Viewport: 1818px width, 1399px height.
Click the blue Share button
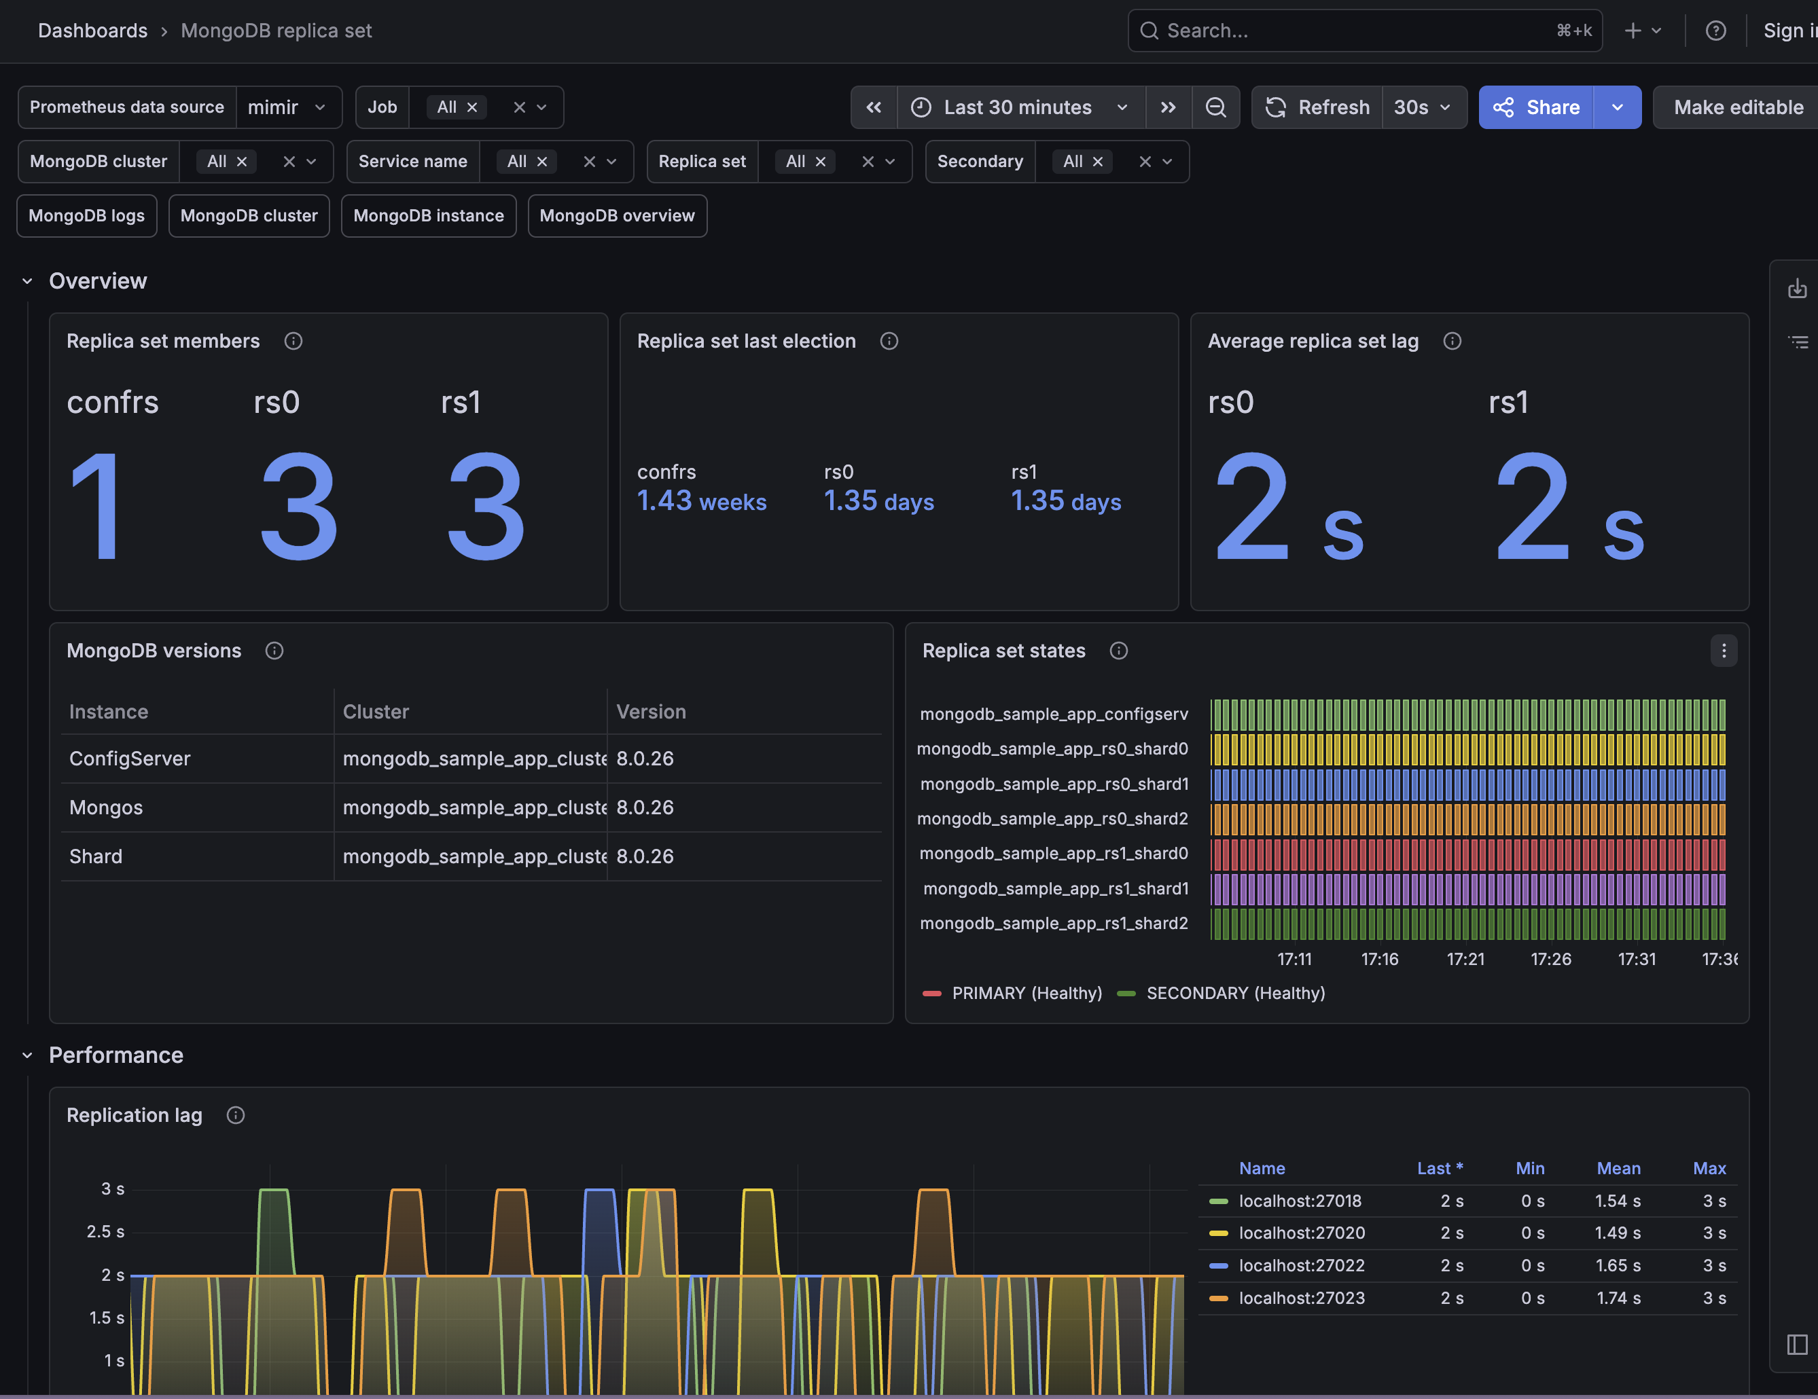pyautogui.click(x=1536, y=107)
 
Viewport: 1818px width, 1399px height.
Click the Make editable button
pyautogui.click(x=1737, y=107)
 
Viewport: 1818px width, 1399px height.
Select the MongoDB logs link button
pyautogui.click(x=86, y=215)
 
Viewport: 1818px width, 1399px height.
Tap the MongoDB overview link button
pyautogui.click(x=617, y=215)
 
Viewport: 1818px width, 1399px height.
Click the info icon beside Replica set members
pyautogui.click(x=293, y=341)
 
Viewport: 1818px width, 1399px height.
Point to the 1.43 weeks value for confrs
pyautogui.click(x=702, y=501)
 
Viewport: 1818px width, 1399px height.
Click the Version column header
pyautogui.click(x=651, y=712)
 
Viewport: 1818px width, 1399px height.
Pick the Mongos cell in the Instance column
pyautogui.click(x=106, y=807)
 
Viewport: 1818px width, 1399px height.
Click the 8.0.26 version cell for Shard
pyautogui.click(x=645, y=856)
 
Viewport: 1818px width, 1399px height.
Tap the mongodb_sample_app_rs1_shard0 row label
pyautogui.click(x=1054, y=853)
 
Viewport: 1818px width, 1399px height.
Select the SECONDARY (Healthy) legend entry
pyautogui.click(x=1221, y=993)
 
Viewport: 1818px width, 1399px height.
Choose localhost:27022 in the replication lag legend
pyautogui.click(x=1302, y=1265)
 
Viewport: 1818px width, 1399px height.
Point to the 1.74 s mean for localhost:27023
pyautogui.click(x=1618, y=1297)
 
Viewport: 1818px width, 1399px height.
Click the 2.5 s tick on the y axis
pyautogui.click(x=106, y=1232)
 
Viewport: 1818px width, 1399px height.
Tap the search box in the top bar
pyautogui.click(x=1365, y=31)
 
